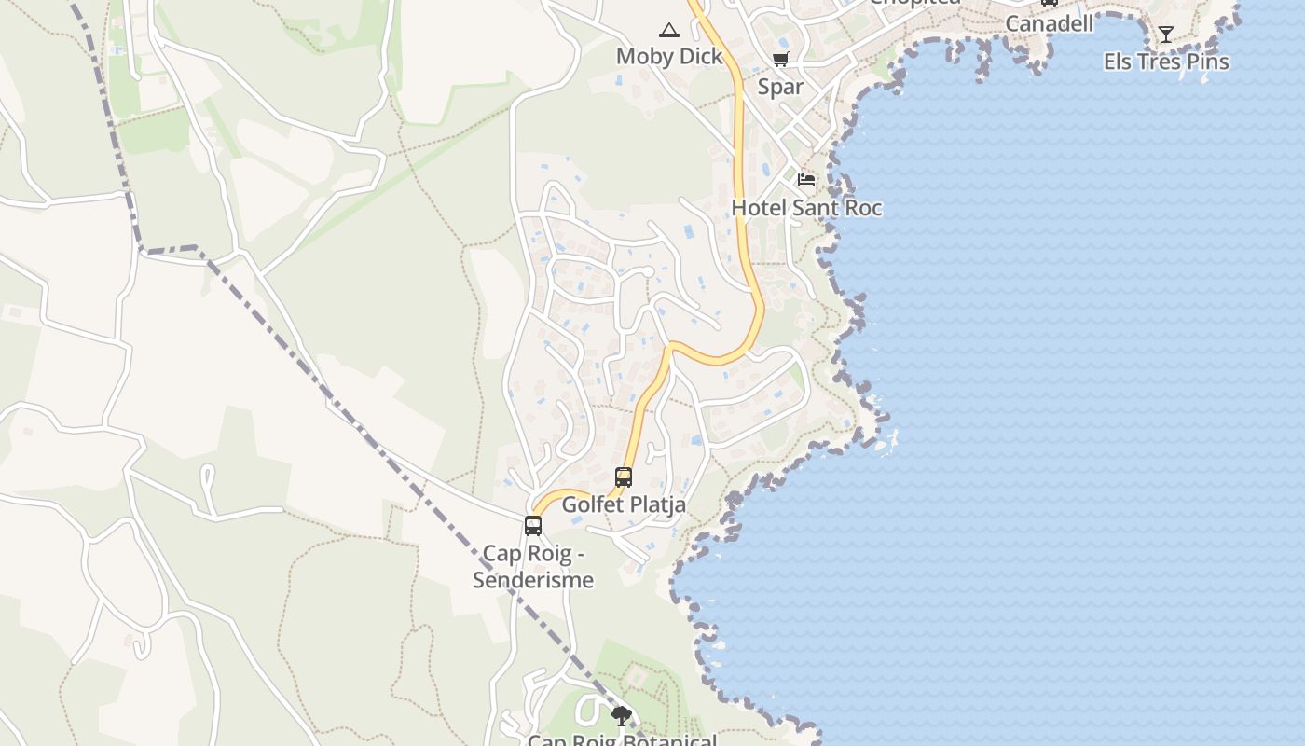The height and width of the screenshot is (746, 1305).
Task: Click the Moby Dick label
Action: point(669,57)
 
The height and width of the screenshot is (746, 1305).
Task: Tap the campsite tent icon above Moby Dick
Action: point(669,31)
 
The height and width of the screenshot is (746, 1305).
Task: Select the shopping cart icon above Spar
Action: point(780,60)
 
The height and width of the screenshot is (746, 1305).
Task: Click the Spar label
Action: point(780,87)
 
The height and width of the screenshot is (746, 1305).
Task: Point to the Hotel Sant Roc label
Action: point(806,208)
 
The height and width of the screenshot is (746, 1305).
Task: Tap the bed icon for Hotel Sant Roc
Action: point(806,179)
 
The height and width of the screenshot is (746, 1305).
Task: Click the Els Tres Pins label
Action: point(1166,62)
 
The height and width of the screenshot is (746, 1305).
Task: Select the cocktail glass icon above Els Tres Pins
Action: point(1166,35)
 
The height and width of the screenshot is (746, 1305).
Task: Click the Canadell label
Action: point(1049,23)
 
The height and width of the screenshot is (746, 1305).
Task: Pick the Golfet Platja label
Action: point(624,504)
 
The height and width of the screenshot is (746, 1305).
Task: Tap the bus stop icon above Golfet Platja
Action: point(624,477)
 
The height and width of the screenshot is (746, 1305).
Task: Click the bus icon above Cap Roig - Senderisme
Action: point(533,525)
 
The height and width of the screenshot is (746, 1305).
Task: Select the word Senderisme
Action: point(533,580)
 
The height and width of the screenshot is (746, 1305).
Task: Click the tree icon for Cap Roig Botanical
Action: point(622,716)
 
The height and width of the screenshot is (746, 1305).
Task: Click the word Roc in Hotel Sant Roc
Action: point(861,208)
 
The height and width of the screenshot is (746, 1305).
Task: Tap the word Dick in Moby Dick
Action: point(701,57)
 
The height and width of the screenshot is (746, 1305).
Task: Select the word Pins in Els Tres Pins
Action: point(1207,62)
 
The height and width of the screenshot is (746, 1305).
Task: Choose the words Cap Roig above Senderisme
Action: point(523,553)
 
